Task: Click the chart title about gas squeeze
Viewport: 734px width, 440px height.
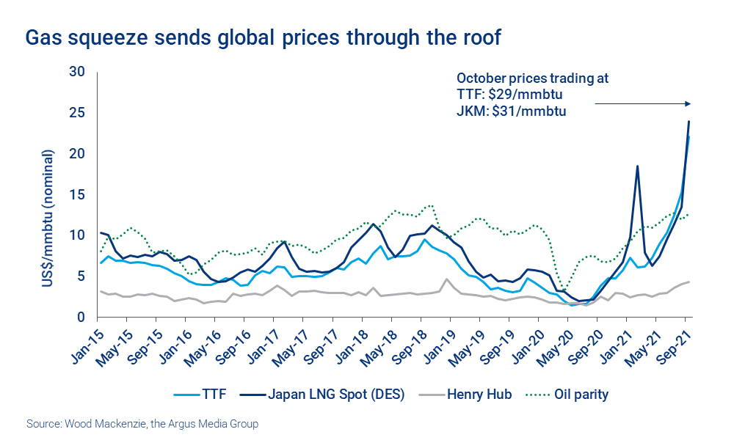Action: click(263, 37)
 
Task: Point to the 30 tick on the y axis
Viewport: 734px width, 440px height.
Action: click(77, 72)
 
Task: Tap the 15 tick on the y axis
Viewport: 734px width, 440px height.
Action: click(77, 195)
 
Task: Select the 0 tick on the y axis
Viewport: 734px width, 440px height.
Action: click(81, 318)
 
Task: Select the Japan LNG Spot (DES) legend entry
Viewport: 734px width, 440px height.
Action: click(327, 395)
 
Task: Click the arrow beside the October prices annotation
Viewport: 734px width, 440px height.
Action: click(642, 104)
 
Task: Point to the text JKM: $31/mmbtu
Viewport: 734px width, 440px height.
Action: click(512, 111)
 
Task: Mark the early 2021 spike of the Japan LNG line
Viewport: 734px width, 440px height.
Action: click(637, 166)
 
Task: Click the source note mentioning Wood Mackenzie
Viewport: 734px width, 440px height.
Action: click(142, 424)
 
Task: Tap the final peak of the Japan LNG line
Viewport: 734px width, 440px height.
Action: click(688, 122)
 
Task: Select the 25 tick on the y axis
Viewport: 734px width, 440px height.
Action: click(77, 113)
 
